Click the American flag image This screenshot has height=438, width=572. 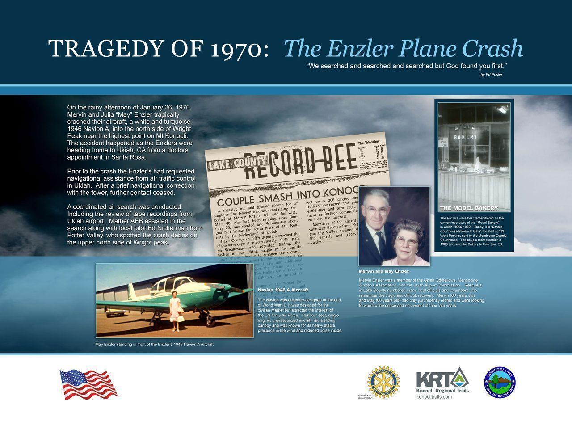[88, 384]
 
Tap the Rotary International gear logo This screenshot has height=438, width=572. [383, 382]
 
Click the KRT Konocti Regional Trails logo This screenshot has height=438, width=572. [442, 380]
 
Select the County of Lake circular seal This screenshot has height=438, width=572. [499, 383]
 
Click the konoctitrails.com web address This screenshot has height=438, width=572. [434, 397]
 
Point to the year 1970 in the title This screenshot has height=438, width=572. [239, 49]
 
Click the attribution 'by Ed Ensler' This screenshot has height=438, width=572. [491, 75]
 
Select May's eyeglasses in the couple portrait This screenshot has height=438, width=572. [407, 242]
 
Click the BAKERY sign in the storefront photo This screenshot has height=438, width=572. [465, 137]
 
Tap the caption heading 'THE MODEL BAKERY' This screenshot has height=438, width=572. [469, 208]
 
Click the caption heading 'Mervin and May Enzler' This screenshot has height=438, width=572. [383, 271]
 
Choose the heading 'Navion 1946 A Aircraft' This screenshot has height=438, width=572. [283, 290]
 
